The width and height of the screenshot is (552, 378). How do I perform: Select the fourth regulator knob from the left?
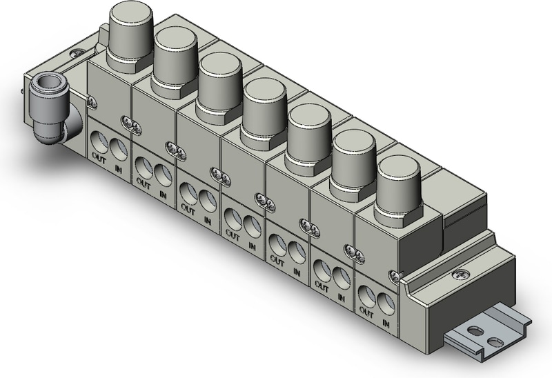[265, 113]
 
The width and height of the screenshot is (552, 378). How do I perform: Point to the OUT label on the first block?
[99, 159]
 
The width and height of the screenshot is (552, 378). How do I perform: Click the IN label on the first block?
[118, 169]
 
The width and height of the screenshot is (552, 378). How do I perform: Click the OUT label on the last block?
[366, 312]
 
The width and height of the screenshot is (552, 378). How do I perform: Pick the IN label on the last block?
[386, 323]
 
